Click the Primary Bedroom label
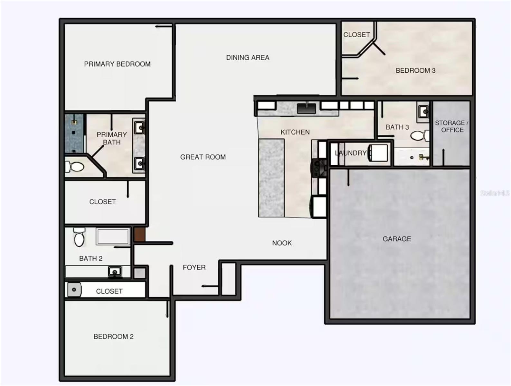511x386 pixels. tap(117, 64)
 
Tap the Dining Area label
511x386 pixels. tap(248, 58)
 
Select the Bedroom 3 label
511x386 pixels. tap(415, 70)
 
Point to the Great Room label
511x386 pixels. tap(203, 157)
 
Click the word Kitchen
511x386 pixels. tap(295, 132)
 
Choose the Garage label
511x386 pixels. tap(397, 239)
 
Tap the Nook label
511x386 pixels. tap(282, 243)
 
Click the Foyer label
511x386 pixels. tap(194, 267)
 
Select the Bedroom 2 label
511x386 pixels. tap(113, 336)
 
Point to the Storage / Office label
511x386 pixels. tap(452, 126)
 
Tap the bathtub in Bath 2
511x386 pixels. tap(113, 236)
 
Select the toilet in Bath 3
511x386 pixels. tap(420, 135)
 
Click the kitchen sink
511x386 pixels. tap(306, 108)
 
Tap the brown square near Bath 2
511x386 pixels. tap(139, 234)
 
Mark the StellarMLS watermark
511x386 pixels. tap(495, 193)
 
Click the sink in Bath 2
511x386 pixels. tap(115, 272)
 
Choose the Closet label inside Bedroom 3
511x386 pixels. tap(356, 34)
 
